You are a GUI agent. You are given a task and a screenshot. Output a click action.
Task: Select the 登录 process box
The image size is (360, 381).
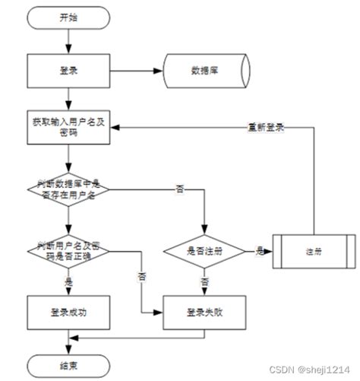click(x=68, y=71)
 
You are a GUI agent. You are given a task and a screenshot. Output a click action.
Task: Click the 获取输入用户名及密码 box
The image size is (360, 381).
click(x=68, y=127)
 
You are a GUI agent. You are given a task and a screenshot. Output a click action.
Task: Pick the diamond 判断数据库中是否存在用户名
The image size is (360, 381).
click(x=68, y=188)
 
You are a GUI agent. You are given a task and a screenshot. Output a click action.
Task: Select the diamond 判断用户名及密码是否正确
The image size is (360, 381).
click(x=68, y=250)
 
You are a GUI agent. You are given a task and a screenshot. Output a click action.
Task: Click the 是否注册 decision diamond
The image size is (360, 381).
click(x=205, y=250)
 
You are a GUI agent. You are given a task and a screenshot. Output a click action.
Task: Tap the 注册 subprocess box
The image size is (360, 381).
click(x=312, y=250)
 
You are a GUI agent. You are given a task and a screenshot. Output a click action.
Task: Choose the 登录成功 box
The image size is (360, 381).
click(x=68, y=311)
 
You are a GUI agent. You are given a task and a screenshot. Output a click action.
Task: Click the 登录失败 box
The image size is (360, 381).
click(x=205, y=311)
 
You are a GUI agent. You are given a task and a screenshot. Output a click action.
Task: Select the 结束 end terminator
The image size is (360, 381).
click(x=68, y=364)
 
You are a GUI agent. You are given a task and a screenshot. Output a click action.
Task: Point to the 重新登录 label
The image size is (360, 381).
click(x=265, y=127)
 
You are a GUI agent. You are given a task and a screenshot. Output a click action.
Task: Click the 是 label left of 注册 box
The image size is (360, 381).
click(x=260, y=249)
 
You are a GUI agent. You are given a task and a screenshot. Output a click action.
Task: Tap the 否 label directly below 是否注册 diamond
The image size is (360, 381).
click(x=205, y=281)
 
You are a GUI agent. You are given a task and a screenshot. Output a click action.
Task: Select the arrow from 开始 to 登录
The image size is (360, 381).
click(x=68, y=41)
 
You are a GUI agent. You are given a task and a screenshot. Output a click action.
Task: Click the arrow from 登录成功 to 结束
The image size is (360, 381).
click(x=68, y=340)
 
